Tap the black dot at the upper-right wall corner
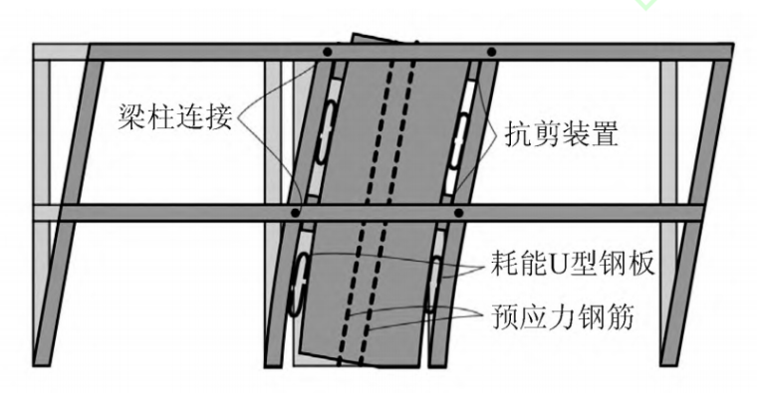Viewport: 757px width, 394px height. (490, 52)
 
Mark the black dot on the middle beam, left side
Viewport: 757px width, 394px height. (296, 212)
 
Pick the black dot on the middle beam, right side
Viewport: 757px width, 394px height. (458, 212)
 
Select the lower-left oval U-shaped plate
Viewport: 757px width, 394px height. (297, 283)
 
